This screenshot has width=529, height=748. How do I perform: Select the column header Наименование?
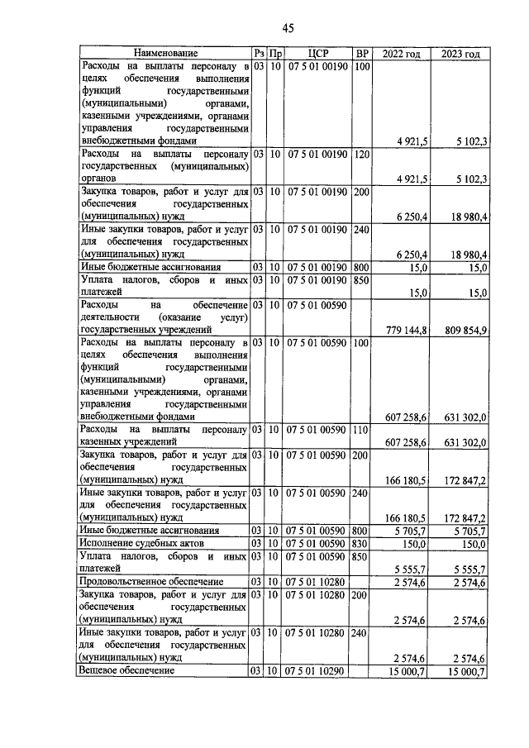tap(165, 54)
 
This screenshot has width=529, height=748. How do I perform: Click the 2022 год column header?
tap(402, 54)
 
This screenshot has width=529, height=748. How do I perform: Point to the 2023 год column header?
tap(460, 54)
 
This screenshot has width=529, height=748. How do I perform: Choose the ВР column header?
tap(361, 54)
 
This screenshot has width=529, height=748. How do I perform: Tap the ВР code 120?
tap(361, 154)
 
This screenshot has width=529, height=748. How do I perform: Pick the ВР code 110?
tap(361, 431)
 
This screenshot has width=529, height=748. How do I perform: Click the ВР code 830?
tap(361, 544)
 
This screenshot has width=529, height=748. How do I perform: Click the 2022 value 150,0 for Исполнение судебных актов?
tap(413, 545)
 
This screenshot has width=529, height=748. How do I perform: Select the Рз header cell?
tap(259, 54)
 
